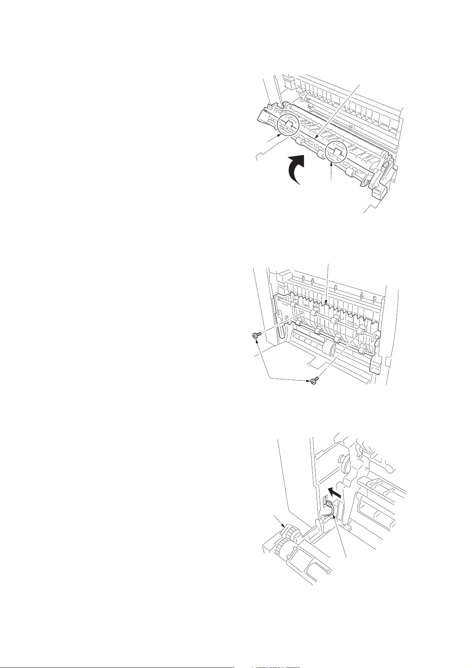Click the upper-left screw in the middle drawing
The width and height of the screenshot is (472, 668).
point(255,336)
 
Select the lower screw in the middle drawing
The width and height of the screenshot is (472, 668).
point(313,381)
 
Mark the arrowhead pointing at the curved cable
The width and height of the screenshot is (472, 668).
point(334,516)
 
